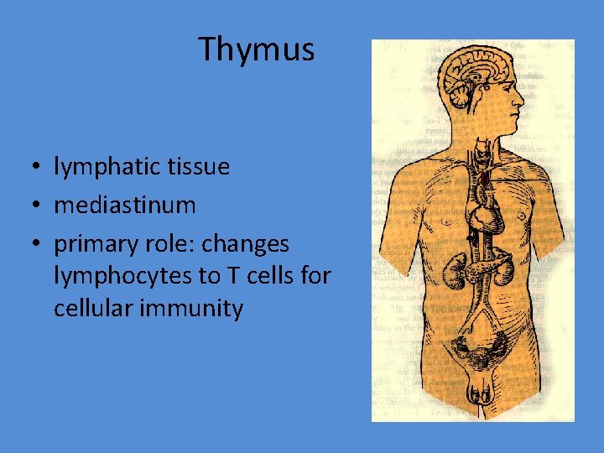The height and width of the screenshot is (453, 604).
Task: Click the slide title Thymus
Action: tap(257, 50)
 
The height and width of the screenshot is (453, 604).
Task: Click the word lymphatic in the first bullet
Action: tap(111, 167)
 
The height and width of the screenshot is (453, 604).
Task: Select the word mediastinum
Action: tap(125, 205)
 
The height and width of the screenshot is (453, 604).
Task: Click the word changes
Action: tap(248, 244)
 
